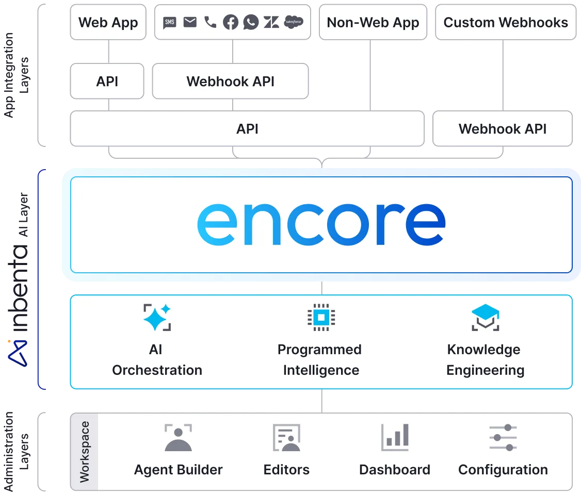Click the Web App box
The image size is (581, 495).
tap(108, 23)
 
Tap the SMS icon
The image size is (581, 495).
tap(170, 22)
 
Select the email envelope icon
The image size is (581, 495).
tap(190, 22)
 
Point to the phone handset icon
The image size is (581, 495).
tap(210, 22)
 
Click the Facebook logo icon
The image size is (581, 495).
tap(230, 22)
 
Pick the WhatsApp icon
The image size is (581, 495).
tap(251, 22)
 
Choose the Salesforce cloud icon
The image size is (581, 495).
tap(294, 22)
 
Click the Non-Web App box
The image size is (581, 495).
tap(373, 23)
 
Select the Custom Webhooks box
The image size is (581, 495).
tap(506, 23)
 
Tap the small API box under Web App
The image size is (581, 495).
tap(107, 81)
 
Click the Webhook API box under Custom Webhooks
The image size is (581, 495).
tap(503, 128)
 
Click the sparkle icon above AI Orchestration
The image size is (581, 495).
tap(157, 317)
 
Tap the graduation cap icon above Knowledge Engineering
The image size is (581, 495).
tap(485, 317)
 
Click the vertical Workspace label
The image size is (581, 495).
tap(85, 452)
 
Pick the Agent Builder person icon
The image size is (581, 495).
tap(178, 438)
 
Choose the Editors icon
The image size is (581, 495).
tap(286, 438)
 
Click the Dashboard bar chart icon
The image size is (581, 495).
tap(395, 438)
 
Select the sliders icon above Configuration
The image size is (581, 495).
tap(503, 438)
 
